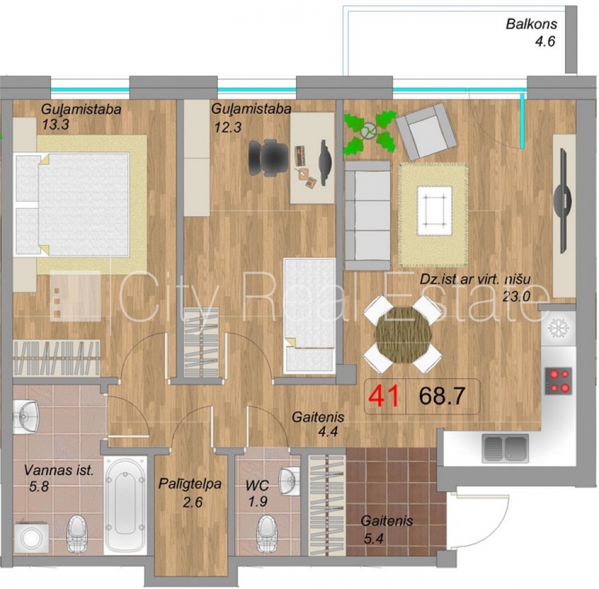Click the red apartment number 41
(x=386, y=396)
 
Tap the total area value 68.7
(x=442, y=396)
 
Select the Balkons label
(x=532, y=24)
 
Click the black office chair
(x=268, y=157)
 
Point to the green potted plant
(x=369, y=132)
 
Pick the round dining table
(x=403, y=335)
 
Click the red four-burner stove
(x=558, y=381)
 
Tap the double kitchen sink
(x=505, y=448)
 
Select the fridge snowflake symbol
(x=558, y=328)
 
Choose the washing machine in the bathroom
(x=31, y=537)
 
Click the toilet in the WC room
(x=267, y=534)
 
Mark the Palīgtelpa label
(x=190, y=484)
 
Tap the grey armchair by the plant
(x=426, y=131)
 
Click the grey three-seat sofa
(x=367, y=216)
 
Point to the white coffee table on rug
(x=434, y=211)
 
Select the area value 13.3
(x=56, y=124)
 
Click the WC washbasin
(x=289, y=481)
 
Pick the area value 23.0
(x=516, y=296)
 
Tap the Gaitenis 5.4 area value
(x=373, y=539)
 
